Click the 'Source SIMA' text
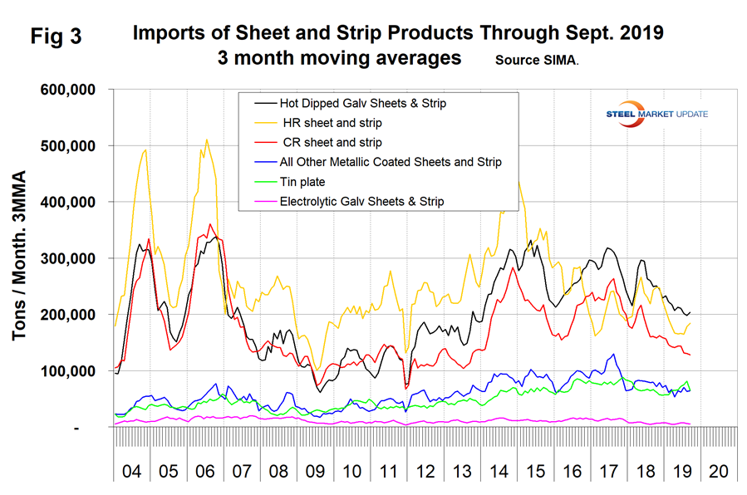[538, 61]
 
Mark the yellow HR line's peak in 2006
[207, 140]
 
